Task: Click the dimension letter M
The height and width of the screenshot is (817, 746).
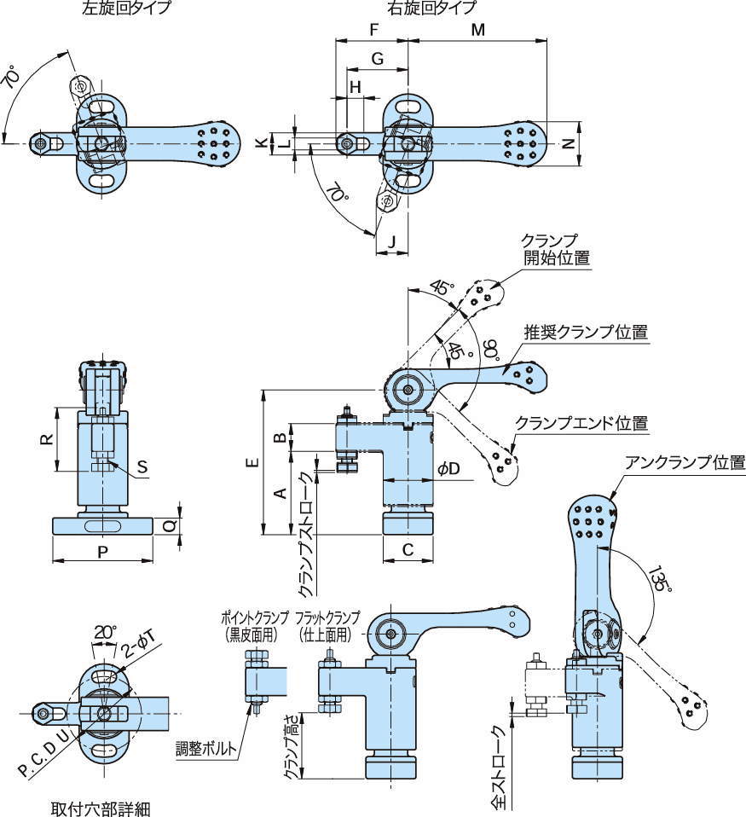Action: coord(478,30)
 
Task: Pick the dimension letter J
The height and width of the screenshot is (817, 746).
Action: coord(390,240)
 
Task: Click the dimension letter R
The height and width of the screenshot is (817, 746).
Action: coord(48,439)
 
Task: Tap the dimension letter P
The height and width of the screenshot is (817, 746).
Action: coord(101,552)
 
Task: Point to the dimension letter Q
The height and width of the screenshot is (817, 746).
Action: coord(169,527)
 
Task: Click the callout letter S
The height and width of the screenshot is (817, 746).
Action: coord(142,466)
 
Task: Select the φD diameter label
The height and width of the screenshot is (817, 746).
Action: coord(448,470)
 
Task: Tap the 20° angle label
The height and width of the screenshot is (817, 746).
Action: coord(104,633)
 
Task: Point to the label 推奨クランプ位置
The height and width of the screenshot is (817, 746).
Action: coord(586,333)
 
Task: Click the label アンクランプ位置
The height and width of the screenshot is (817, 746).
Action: coord(685,463)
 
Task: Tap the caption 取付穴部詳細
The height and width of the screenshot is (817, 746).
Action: coord(101,807)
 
